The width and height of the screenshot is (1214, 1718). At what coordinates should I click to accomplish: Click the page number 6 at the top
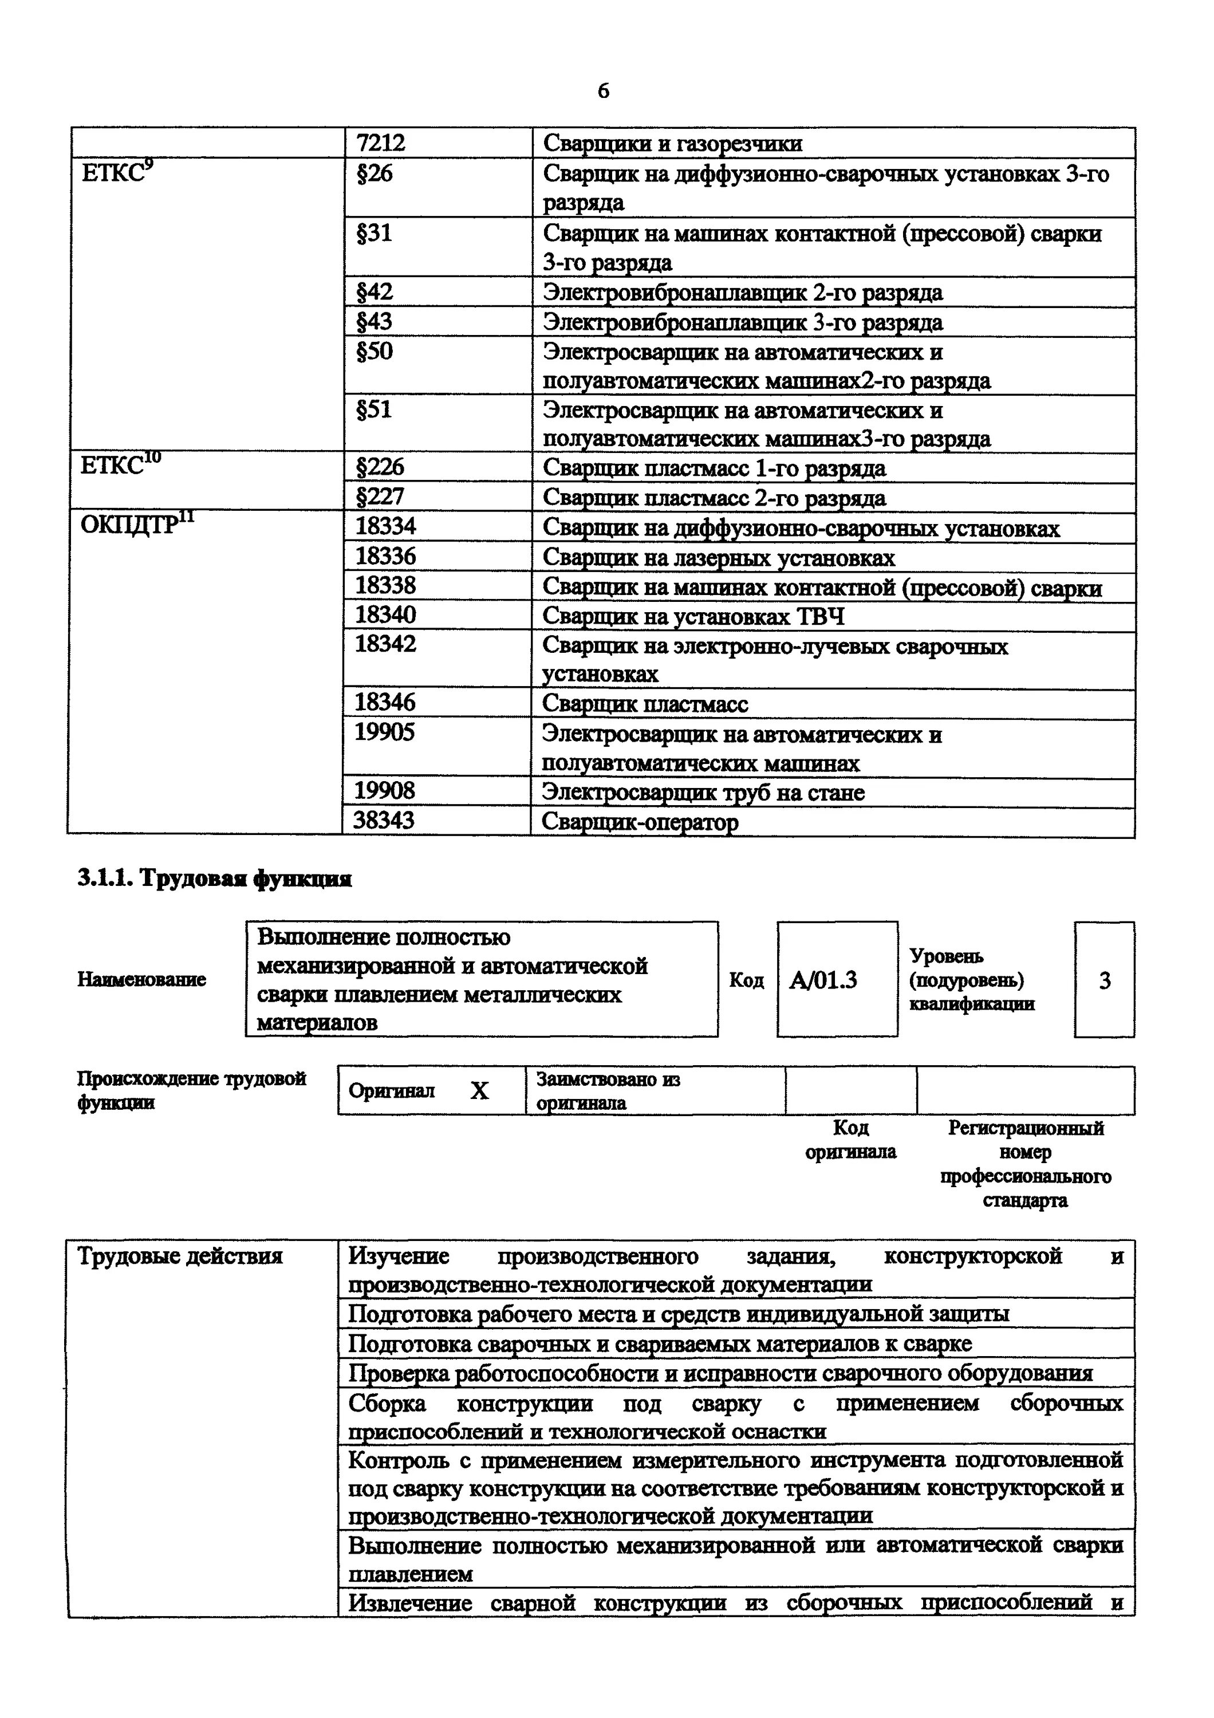[603, 90]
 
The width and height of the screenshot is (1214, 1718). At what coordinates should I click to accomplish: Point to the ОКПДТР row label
[136, 525]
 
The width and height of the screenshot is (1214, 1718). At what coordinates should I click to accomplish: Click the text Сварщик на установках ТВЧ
[693, 617]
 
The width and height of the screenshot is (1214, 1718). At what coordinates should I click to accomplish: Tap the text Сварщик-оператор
[640, 822]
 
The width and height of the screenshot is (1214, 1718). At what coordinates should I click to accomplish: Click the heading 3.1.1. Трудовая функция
[214, 879]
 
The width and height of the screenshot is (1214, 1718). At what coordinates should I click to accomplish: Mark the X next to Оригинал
[479, 1091]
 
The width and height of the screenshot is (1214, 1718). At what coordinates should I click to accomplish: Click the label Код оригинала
[850, 1140]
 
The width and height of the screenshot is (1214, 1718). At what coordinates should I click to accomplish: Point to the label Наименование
[141, 979]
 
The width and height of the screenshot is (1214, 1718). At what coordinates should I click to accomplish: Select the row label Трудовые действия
[180, 1256]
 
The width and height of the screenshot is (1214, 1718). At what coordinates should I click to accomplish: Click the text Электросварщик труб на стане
[703, 793]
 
